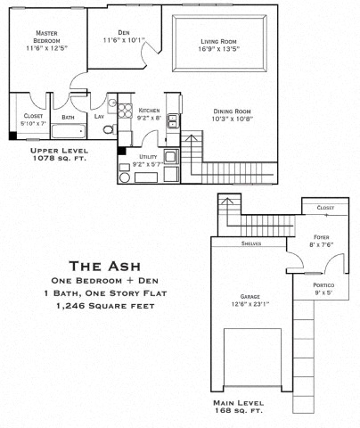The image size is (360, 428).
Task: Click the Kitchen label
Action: click(149, 111)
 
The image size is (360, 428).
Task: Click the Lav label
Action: click(99, 117)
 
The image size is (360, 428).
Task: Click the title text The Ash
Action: click(106, 265)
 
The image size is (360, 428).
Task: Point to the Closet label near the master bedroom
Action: click(34, 115)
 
